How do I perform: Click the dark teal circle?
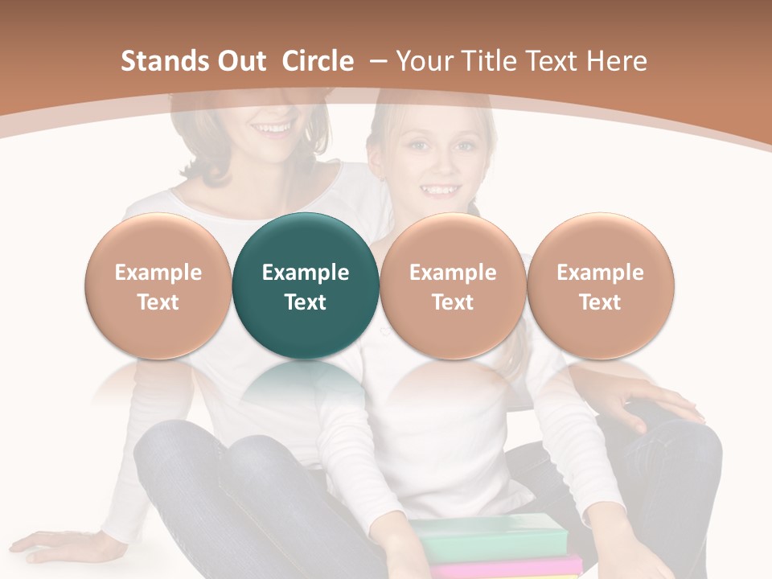tap(306, 285)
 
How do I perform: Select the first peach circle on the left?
tap(158, 285)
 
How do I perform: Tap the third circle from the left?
tap(453, 285)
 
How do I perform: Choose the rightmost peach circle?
tap(600, 285)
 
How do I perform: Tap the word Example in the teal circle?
tap(306, 273)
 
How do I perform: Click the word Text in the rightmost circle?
tap(600, 302)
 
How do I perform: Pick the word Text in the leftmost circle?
tap(158, 302)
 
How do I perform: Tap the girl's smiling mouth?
tap(439, 191)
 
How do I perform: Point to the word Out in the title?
tap(240, 61)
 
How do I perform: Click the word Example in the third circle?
tap(453, 273)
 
